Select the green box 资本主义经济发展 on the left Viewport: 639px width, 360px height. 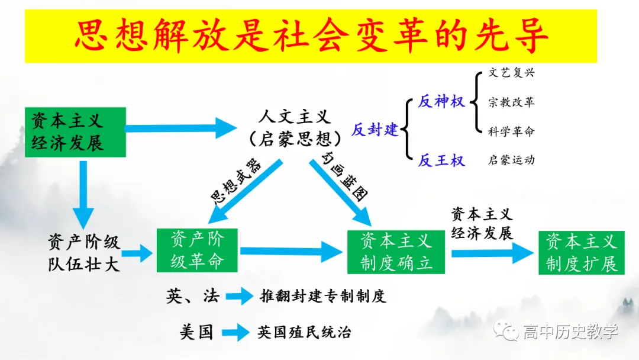coord(75,131)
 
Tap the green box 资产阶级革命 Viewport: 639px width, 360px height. coord(197,250)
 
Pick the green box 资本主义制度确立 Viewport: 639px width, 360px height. coord(396,252)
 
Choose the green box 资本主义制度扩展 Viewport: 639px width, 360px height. coord(581,252)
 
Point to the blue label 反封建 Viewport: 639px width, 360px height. coord(375,130)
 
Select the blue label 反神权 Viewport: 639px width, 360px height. coord(441,101)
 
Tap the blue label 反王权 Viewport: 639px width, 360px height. coord(441,160)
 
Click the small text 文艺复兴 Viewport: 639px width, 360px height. coord(511,73)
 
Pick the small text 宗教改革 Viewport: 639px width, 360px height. coord(511,102)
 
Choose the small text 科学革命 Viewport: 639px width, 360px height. coord(511,131)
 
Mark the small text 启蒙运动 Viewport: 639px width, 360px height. coord(511,160)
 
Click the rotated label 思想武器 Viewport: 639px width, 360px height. coord(235,181)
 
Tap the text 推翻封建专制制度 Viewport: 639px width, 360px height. coord(323,296)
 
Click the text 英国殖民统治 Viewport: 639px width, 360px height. coord(304,332)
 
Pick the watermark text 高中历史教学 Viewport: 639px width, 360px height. coord(570,332)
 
